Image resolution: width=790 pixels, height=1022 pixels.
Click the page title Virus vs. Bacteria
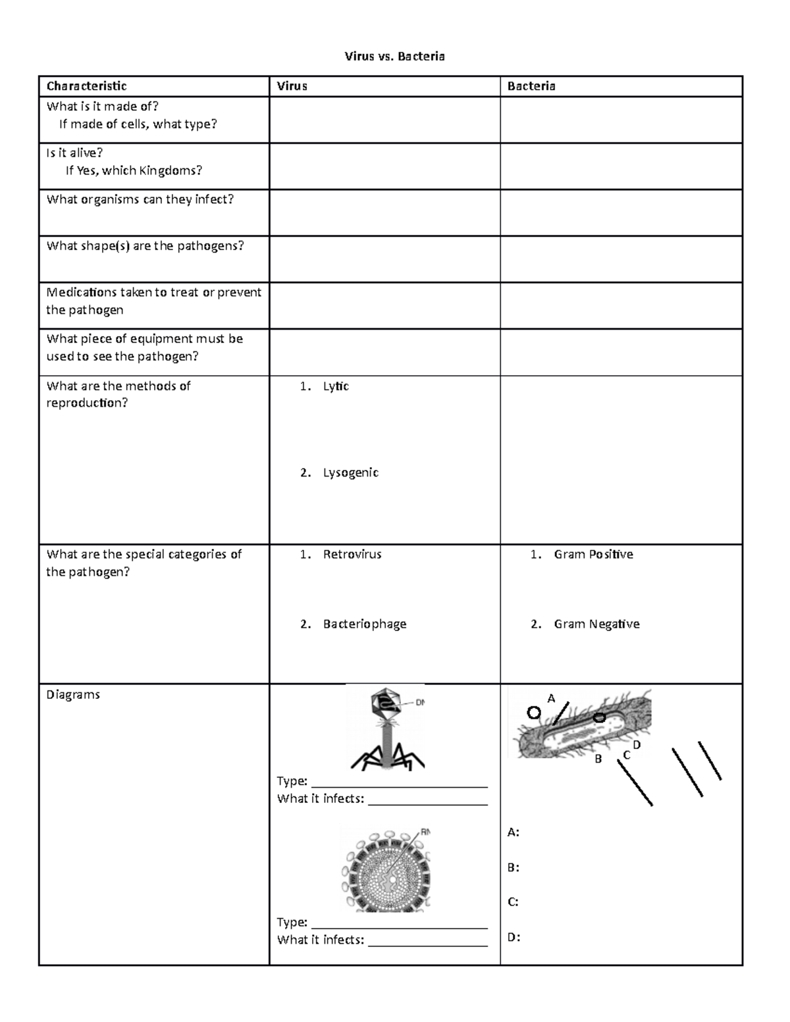(394, 57)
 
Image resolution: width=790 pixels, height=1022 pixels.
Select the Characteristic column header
(86, 86)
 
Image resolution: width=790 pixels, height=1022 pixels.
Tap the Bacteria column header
(531, 86)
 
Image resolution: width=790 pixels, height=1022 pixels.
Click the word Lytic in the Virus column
(335, 386)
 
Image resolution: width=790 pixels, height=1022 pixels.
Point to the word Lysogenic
(350, 473)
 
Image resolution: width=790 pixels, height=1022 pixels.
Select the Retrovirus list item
(352, 554)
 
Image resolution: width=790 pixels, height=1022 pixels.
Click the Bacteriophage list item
(364, 624)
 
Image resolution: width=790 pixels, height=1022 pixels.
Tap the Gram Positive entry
(592, 554)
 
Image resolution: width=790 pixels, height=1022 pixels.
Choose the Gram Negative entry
(596, 624)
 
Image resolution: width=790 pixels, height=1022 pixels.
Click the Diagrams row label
(73, 694)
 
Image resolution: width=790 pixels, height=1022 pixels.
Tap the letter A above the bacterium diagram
(552, 698)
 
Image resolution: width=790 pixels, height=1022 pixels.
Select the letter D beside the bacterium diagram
(637, 744)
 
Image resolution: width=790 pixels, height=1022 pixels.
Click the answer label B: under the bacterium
(513, 867)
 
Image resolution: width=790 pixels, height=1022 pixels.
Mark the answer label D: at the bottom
(513, 937)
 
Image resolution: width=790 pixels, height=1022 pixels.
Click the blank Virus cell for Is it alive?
(384, 166)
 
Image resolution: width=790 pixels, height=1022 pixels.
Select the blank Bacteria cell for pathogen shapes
(621, 259)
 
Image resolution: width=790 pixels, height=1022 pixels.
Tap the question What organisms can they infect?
(140, 199)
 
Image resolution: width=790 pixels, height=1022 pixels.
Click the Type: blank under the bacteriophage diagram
(398, 781)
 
